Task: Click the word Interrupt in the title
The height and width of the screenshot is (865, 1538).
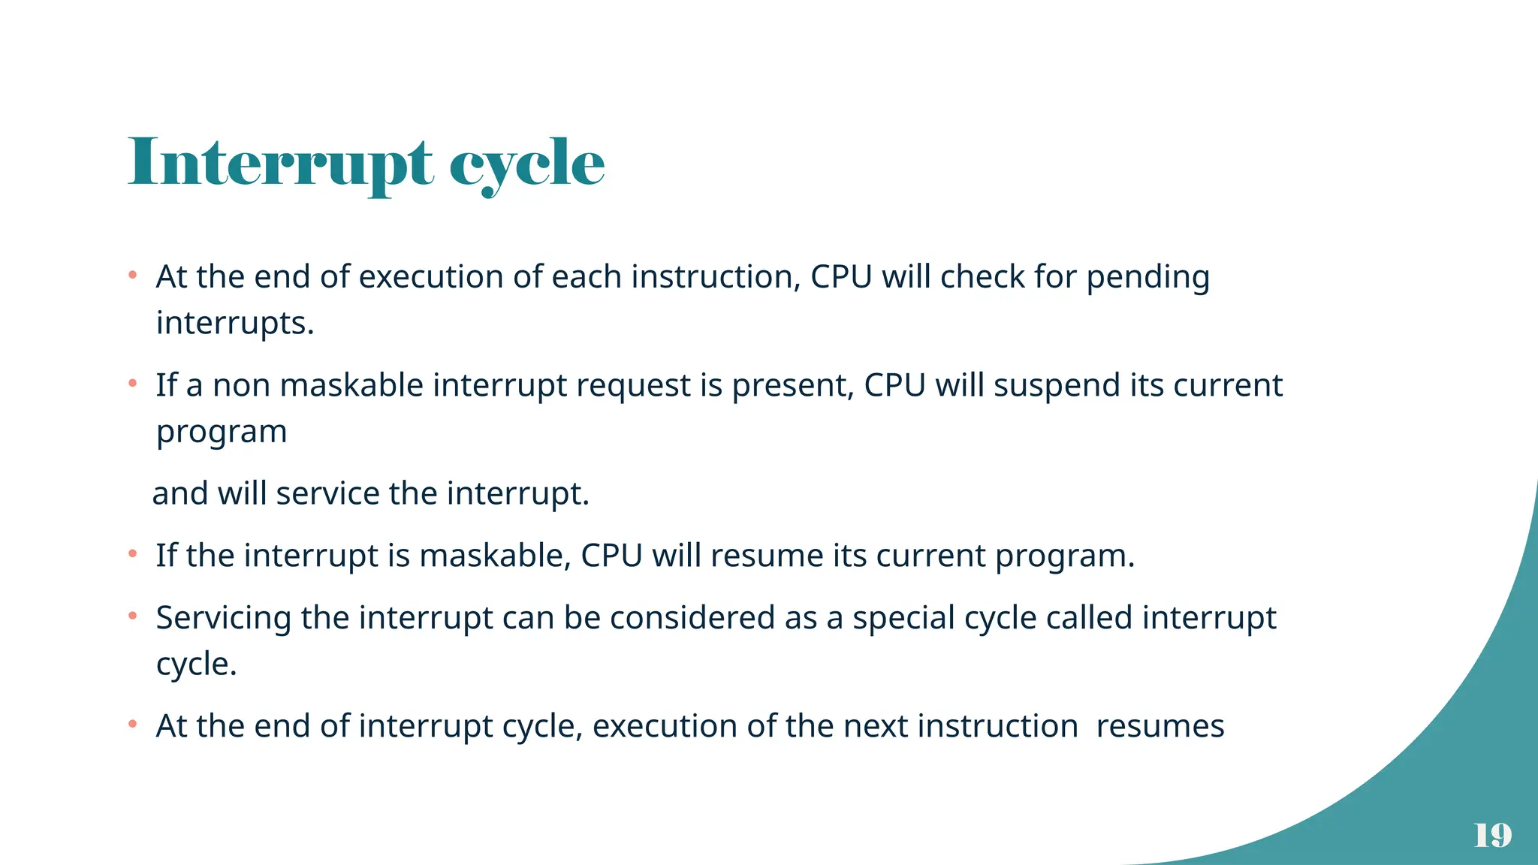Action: coord(280,163)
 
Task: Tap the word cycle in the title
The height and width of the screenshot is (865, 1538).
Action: coord(527,164)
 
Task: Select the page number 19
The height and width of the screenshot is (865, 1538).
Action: coord(1492,835)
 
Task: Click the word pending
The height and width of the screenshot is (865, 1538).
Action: coord(1148,278)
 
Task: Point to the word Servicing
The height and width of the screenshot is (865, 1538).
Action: coord(223,619)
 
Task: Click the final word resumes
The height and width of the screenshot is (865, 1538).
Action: coord(1160,727)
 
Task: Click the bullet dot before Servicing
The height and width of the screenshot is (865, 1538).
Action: coord(132,616)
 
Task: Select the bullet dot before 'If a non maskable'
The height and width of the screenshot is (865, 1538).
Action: coord(132,384)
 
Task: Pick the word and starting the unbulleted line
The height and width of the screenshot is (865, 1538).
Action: coord(179,494)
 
